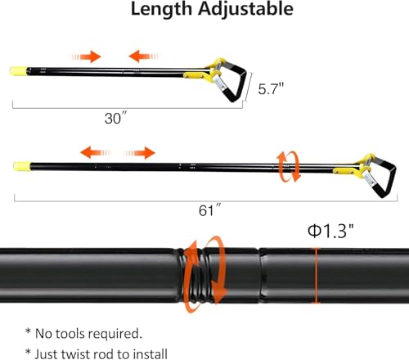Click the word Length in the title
(161, 9)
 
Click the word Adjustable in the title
(245, 9)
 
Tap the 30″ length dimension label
(116, 118)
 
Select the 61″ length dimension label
(209, 210)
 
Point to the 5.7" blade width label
(271, 88)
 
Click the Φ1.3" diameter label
(330, 231)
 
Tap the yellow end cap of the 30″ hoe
(18, 71)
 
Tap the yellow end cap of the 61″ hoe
(22, 166)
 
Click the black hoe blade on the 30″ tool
(235, 81)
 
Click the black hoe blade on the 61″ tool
(384, 178)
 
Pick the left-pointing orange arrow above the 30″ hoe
(145, 56)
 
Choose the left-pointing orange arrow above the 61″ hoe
(97, 152)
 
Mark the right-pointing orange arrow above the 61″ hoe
(140, 153)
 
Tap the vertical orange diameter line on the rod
(316, 275)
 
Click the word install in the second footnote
(150, 353)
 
